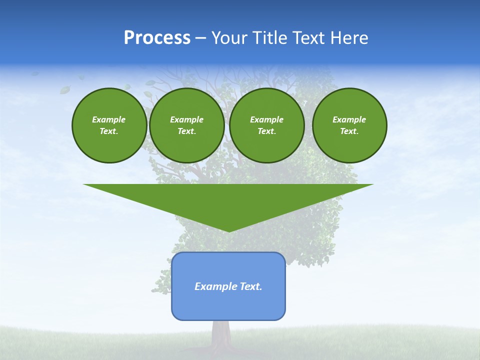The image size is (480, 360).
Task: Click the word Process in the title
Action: click(x=157, y=38)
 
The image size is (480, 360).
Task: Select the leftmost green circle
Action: click(x=109, y=125)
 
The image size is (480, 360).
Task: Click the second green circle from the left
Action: click(x=186, y=125)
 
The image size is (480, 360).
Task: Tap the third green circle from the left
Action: click(x=266, y=125)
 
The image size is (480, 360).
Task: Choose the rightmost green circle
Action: click(x=349, y=125)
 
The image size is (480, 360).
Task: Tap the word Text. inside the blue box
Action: click(x=251, y=286)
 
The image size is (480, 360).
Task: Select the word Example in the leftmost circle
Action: click(x=109, y=119)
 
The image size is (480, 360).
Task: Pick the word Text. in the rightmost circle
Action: click(x=349, y=131)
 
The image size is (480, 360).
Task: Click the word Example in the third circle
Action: click(x=266, y=119)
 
